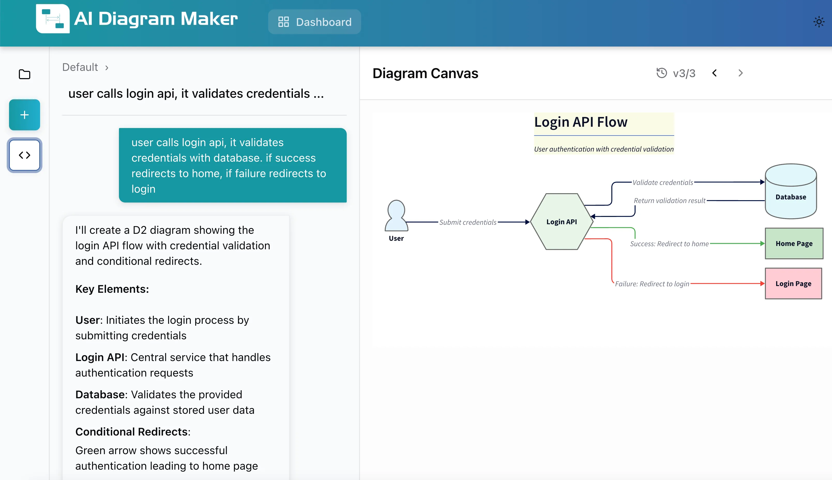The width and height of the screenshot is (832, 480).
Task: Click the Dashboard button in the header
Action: click(x=314, y=22)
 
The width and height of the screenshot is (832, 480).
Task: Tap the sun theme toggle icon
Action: click(x=819, y=22)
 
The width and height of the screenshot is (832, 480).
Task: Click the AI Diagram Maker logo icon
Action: click(x=53, y=19)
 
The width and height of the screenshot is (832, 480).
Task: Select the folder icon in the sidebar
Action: click(x=24, y=74)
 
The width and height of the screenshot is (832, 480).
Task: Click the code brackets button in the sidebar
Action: click(x=24, y=155)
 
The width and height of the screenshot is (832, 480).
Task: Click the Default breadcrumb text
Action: click(x=80, y=67)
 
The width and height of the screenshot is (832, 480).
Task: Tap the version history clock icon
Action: click(x=661, y=73)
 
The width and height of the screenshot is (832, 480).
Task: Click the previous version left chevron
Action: click(x=714, y=73)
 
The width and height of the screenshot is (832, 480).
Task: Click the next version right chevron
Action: click(x=740, y=73)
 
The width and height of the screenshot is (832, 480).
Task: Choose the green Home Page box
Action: click(x=794, y=243)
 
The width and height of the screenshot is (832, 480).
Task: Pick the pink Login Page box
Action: click(x=793, y=283)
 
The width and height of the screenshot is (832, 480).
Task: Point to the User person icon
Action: click(x=396, y=216)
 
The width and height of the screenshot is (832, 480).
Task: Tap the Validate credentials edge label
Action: click(x=663, y=182)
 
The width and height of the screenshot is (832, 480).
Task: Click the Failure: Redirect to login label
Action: click(x=652, y=284)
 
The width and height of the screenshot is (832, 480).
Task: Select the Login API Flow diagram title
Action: click(x=581, y=122)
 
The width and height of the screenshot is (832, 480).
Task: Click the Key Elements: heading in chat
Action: click(x=112, y=289)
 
